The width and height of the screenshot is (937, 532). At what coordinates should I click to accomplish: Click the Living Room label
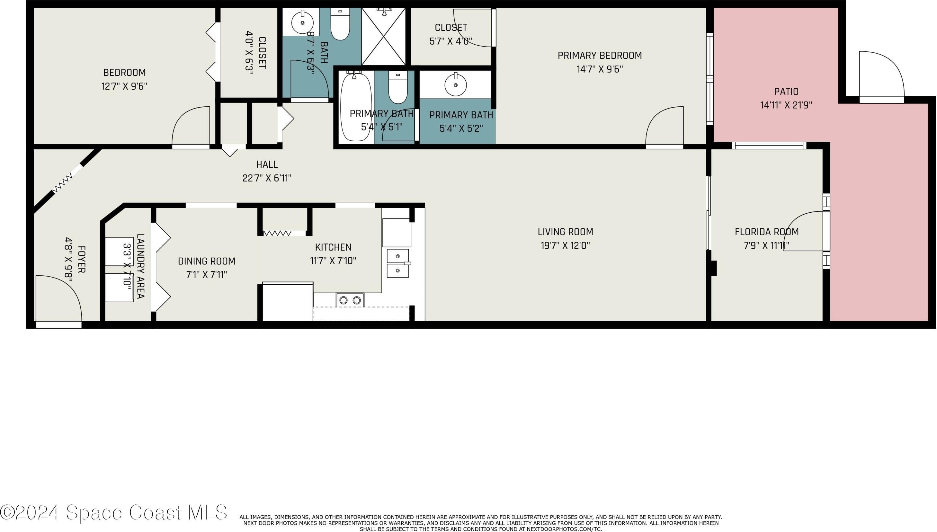pos(565,232)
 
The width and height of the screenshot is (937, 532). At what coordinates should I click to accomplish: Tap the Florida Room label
pos(767,232)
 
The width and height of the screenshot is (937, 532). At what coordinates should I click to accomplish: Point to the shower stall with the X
pos(383,36)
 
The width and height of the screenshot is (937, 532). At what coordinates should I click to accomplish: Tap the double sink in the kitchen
pos(397,263)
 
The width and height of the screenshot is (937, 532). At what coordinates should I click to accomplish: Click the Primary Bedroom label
pos(600,56)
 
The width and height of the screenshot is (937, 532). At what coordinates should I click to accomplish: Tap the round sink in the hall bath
pos(302,23)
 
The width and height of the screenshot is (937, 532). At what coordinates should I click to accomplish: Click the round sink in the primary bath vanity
pos(455,85)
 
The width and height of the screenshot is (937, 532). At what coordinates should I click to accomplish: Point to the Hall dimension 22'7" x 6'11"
pos(267,178)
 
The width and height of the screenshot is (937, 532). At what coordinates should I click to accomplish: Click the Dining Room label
pos(207,261)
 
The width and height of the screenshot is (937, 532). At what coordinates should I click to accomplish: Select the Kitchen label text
pos(333,247)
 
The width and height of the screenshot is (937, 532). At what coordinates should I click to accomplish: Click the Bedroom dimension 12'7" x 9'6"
pos(124,86)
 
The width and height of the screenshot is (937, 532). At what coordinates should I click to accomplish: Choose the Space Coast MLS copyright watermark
pos(114,512)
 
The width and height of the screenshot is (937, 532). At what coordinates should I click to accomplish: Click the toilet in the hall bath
pos(340,24)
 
